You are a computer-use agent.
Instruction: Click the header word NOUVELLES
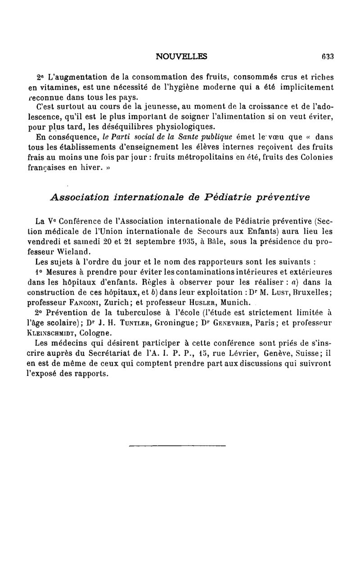[x=181, y=57]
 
